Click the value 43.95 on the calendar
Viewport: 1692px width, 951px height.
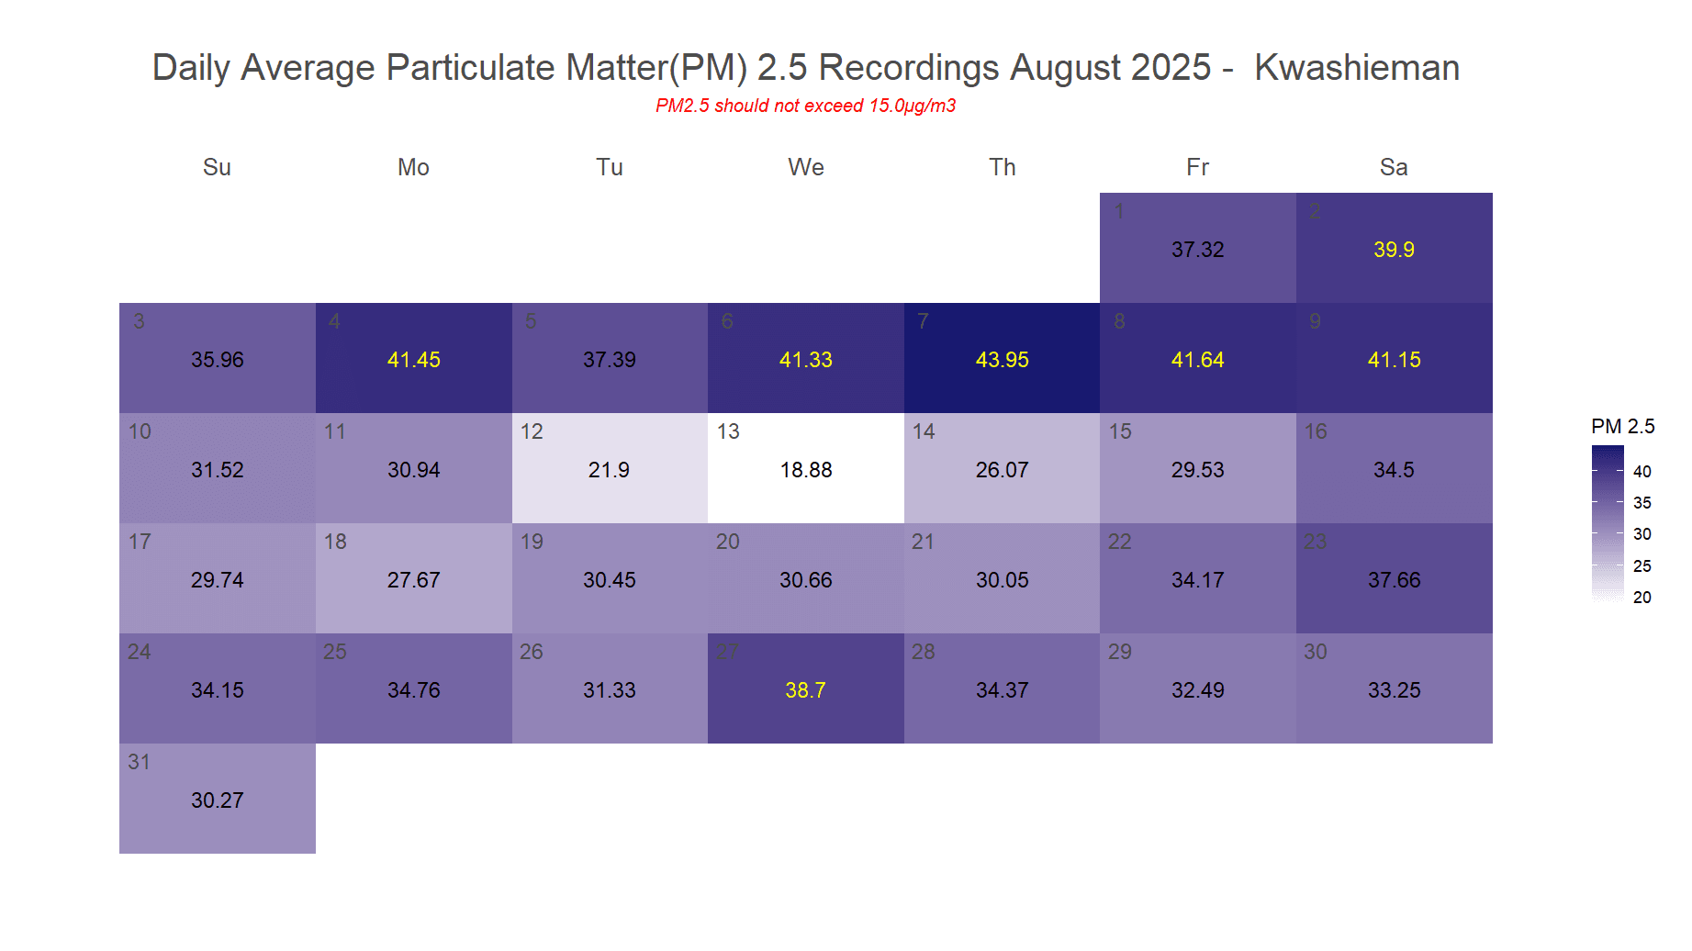[x=1002, y=360]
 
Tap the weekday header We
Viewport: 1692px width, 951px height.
[x=805, y=167]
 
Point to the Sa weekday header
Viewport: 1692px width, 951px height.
[x=1393, y=167]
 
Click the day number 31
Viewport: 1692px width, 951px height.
[x=139, y=762]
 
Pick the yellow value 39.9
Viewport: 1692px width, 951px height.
[x=1393, y=250]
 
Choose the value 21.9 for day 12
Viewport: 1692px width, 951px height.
[x=609, y=470]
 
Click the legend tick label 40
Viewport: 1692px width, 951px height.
[x=1642, y=472]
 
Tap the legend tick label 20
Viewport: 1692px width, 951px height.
[x=1642, y=598]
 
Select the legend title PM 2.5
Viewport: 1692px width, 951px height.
[x=1622, y=427]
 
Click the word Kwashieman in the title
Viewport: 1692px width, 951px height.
[x=1356, y=68]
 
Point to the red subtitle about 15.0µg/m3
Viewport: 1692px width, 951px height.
[x=805, y=106]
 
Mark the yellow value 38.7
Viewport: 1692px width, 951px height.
[x=805, y=690]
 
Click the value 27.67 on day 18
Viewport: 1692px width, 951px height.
[x=413, y=580]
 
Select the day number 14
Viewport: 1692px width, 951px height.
[x=923, y=431]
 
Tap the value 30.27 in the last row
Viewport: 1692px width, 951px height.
[x=217, y=800]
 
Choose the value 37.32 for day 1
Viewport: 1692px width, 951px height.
[x=1197, y=250]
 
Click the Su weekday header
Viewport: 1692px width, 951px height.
[x=217, y=167]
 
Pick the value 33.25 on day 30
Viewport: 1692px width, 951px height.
[x=1393, y=690]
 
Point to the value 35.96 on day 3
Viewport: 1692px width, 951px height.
[x=217, y=360]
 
